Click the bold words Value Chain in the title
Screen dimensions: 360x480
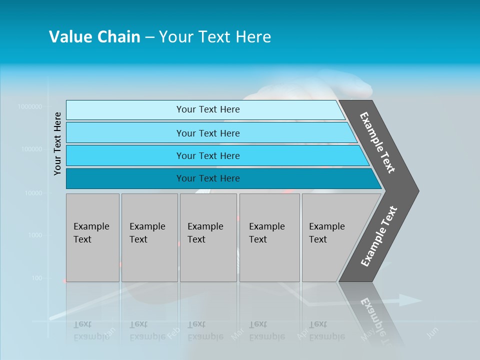(x=94, y=37)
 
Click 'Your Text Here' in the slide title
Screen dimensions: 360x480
(x=215, y=37)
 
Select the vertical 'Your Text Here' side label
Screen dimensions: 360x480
(x=57, y=143)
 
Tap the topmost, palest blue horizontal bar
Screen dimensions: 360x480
(x=207, y=109)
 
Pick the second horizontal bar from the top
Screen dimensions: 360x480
(x=207, y=133)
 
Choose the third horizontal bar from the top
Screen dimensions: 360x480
(x=207, y=155)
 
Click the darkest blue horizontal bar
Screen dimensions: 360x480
(x=207, y=178)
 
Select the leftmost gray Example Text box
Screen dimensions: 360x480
(x=92, y=237)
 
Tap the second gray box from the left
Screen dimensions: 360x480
(x=149, y=237)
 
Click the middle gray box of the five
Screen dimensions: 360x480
(x=208, y=237)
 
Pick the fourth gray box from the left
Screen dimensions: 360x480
(x=269, y=237)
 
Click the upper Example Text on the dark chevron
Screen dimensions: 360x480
(x=378, y=142)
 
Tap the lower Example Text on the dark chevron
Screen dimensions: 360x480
(x=379, y=236)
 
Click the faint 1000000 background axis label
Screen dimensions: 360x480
(x=29, y=106)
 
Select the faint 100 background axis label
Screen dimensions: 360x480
(x=37, y=278)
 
